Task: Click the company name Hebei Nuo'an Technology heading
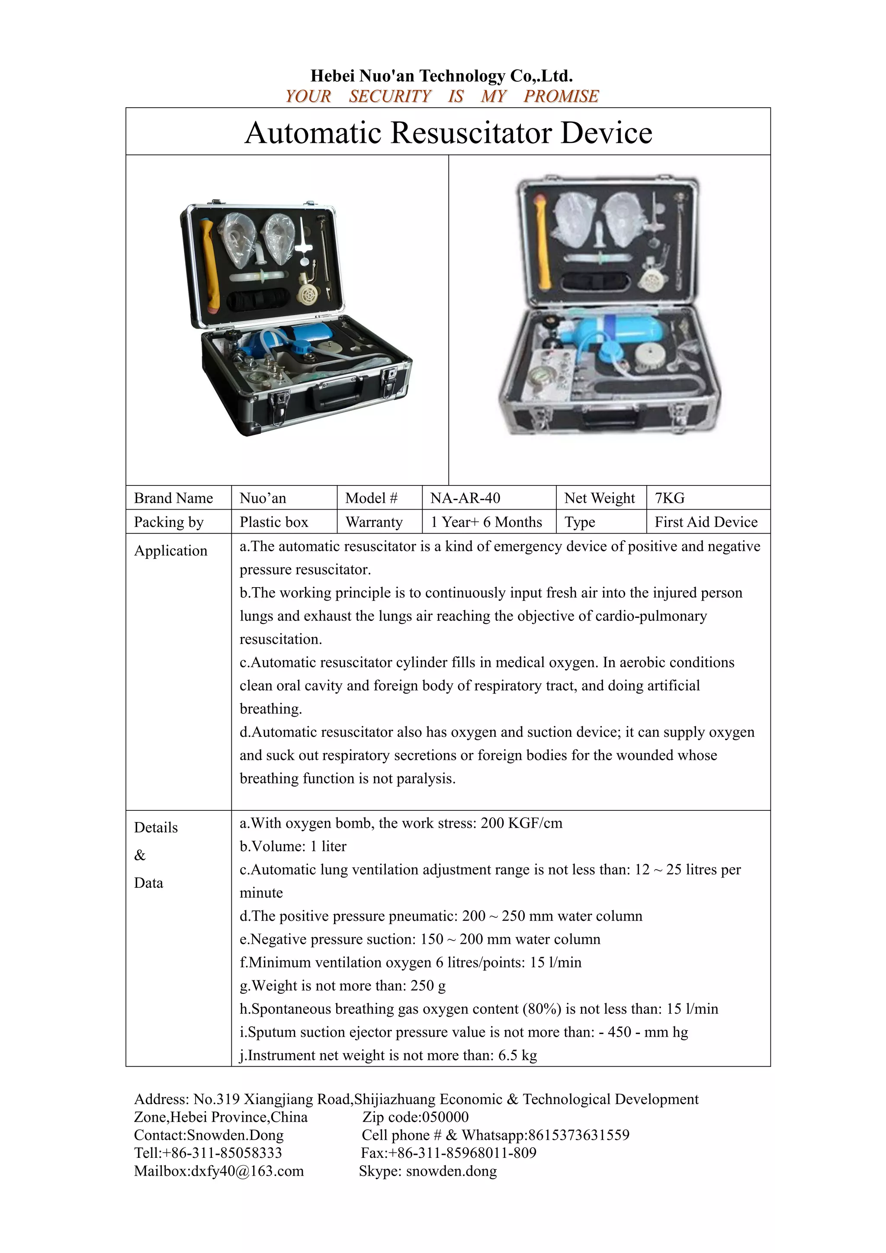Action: point(441,75)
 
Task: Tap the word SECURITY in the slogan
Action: point(389,96)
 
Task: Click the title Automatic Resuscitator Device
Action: point(448,133)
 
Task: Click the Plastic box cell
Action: point(274,522)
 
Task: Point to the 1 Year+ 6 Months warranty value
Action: point(486,522)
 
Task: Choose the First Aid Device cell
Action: point(706,522)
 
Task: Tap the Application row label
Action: point(171,551)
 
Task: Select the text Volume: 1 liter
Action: point(293,846)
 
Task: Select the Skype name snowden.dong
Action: point(451,1171)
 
